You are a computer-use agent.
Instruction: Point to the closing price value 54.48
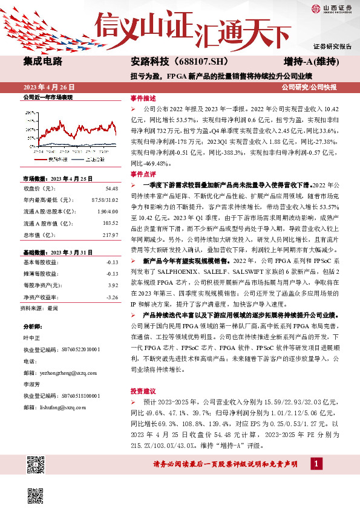coord(111,188)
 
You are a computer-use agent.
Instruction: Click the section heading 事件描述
coord(143,98)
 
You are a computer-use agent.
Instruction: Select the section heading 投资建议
coord(143,391)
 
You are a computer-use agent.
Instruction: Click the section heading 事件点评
coord(143,173)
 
